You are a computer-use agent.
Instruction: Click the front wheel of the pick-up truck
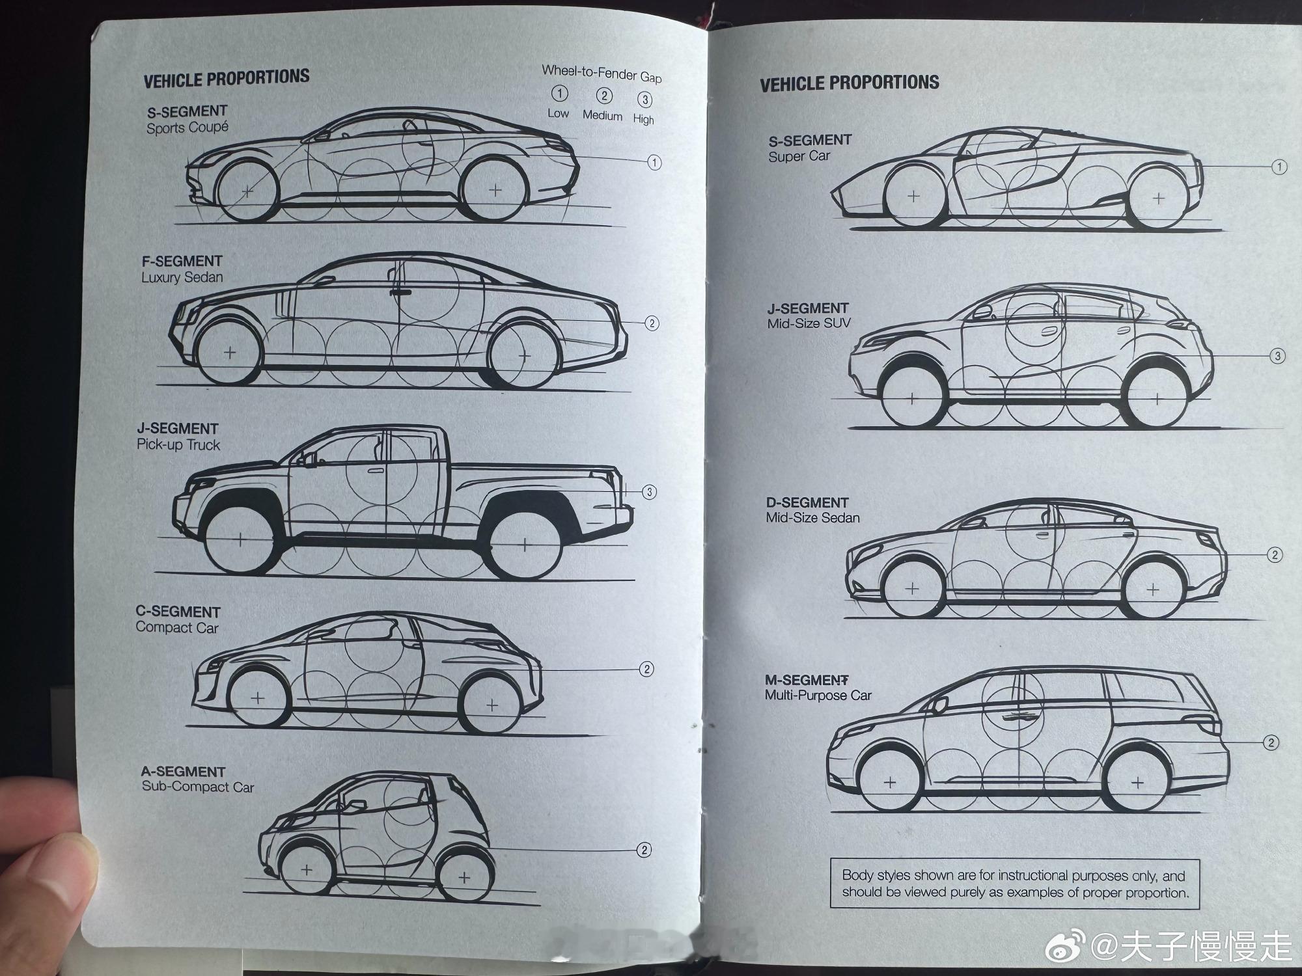(x=240, y=539)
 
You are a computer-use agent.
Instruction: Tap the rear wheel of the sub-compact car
(x=464, y=877)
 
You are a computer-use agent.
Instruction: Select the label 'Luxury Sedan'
(x=182, y=277)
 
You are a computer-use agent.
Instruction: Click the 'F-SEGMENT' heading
(x=182, y=261)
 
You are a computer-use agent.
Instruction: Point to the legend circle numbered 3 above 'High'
(x=644, y=100)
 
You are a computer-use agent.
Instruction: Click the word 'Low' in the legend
(x=558, y=113)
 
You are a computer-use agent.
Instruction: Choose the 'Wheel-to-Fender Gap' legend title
(x=602, y=74)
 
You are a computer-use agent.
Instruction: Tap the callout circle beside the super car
(x=1279, y=167)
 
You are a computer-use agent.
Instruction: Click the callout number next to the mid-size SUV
(x=1277, y=356)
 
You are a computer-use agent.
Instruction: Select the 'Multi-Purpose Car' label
(x=818, y=696)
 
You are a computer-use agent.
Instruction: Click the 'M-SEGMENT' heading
(x=807, y=680)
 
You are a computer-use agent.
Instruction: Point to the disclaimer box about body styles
(x=1015, y=884)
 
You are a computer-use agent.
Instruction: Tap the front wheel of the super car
(x=913, y=196)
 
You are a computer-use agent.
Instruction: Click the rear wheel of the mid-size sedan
(x=1153, y=590)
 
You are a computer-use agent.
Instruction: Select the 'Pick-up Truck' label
(x=178, y=445)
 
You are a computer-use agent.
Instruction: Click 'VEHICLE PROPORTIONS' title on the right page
(x=850, y=83)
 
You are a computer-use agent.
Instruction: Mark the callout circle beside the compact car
(x=646, y=669)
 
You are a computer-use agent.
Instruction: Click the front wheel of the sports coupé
(x=248, y=191)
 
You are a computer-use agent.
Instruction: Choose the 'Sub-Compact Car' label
(x=197, y=787)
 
